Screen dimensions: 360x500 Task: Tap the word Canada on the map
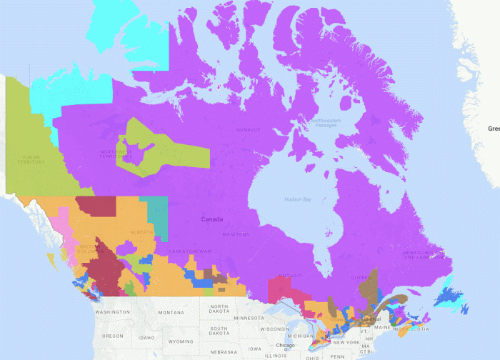click(x=212, y=219)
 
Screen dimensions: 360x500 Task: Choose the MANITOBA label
click(x=235, y=234)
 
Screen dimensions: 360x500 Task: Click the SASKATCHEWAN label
click(x=190, y=251)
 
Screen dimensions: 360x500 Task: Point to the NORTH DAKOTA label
click(x=220, y=309)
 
